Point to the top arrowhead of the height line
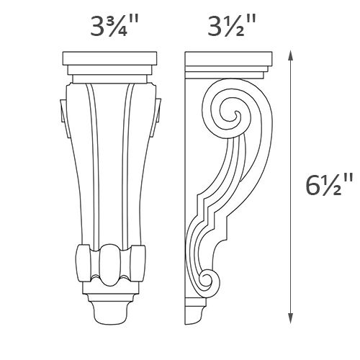(x=289, y=53)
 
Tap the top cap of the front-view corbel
(x=109, y=58)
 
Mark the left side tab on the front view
(x=62, y=110)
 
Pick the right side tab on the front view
(x=156, y=110)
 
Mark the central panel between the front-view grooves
(x=109, y=166)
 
